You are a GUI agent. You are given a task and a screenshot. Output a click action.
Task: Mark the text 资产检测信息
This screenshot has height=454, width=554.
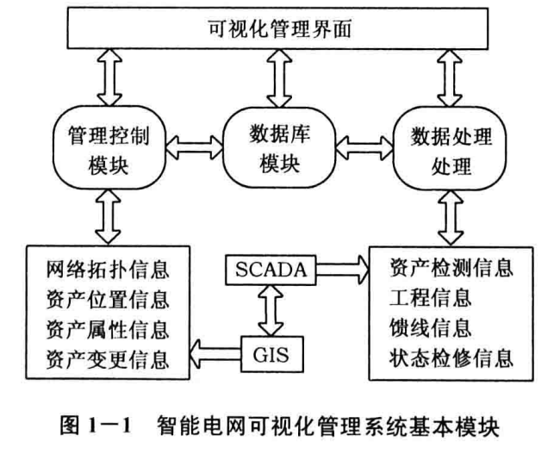[x=451, y=266]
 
